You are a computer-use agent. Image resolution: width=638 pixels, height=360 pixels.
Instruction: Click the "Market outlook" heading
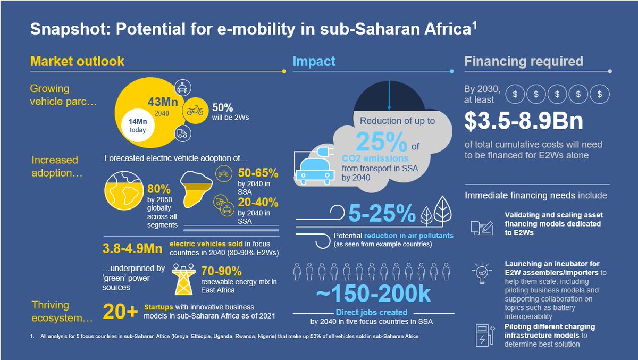[77, 61]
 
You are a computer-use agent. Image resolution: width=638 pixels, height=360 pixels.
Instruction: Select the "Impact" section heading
[314, 61]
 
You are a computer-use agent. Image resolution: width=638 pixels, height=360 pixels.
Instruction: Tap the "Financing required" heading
[524, 61]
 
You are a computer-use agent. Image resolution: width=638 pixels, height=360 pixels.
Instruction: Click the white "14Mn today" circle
[137, 125]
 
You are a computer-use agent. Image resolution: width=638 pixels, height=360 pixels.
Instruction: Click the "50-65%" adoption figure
[258, 173]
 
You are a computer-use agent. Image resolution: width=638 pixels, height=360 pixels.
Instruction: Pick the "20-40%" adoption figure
[258, 202]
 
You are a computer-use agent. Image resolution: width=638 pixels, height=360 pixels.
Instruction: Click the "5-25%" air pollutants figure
[381, 213]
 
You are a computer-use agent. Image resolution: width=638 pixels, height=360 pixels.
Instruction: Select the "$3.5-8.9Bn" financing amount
[524, 121]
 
